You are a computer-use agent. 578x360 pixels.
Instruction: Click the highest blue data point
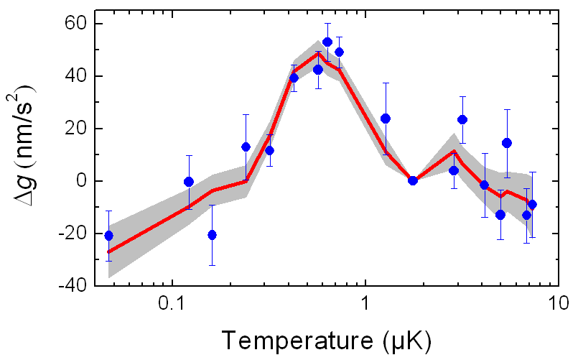pos(327,42)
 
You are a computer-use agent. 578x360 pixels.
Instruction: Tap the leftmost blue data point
pos(108,236)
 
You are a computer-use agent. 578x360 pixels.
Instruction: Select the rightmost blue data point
pos(532,205)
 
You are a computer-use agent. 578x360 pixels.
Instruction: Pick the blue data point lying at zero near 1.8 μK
pos(413,180)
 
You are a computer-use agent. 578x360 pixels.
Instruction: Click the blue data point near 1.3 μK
pos(386,119)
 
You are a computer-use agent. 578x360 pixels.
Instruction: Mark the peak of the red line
pos(318,53)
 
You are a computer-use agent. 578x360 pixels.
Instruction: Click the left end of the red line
pos(108,252)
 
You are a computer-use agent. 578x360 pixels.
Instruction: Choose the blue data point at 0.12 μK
pos(189,182)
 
